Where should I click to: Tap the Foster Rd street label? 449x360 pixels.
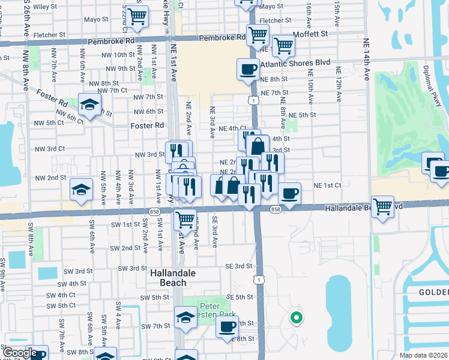click(x=147, y=125)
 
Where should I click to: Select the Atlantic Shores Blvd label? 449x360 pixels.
click(x=296, y=62)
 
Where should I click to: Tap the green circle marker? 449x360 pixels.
click(x=295, y=318)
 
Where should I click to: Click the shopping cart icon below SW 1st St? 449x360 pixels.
click(x=185, y=219)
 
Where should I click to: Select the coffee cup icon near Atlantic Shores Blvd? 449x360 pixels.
click(x=248, y=70)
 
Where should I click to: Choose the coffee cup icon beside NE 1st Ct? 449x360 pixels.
click(x=289, y=193)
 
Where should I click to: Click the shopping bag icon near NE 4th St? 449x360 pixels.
click(x=258, y=146)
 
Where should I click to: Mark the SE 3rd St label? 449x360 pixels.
click(x=238, y=266)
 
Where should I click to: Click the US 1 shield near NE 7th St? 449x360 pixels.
click(x=255, y=101)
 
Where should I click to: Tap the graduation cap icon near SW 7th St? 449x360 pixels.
click(x=185, y=317)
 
